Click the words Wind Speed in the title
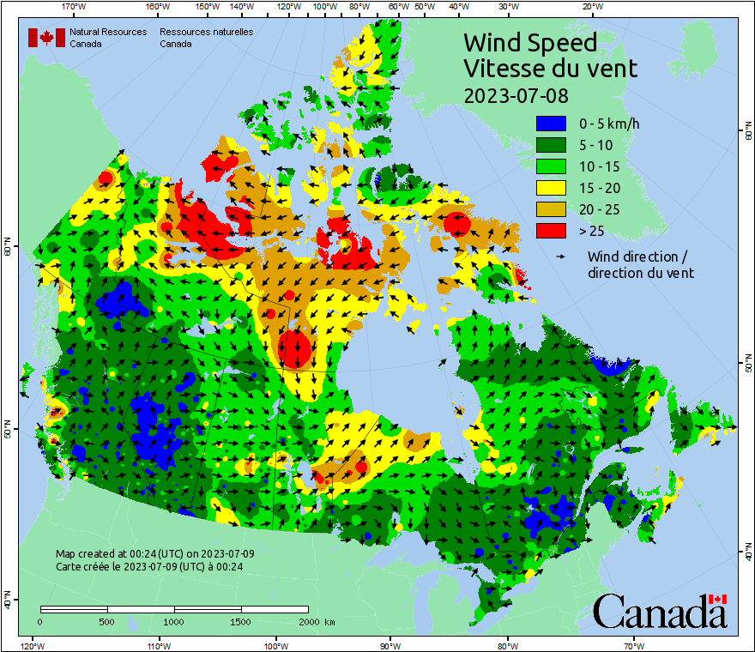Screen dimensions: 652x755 point(529,42)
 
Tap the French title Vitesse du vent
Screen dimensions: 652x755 point(550,68)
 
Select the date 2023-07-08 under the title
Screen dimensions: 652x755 point(516,94)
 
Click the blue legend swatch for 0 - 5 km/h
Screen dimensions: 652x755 point(552,124)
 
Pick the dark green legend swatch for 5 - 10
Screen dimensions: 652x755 point(552,145)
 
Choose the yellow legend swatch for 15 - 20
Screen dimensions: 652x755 point(552,188)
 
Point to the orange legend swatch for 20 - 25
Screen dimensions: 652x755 point(552,209)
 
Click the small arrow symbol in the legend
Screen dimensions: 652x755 point(560,257)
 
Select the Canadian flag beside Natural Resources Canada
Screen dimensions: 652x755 point(46,38)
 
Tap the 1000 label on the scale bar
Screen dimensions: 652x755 point(174,621)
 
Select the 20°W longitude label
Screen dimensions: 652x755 point(591,7)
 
